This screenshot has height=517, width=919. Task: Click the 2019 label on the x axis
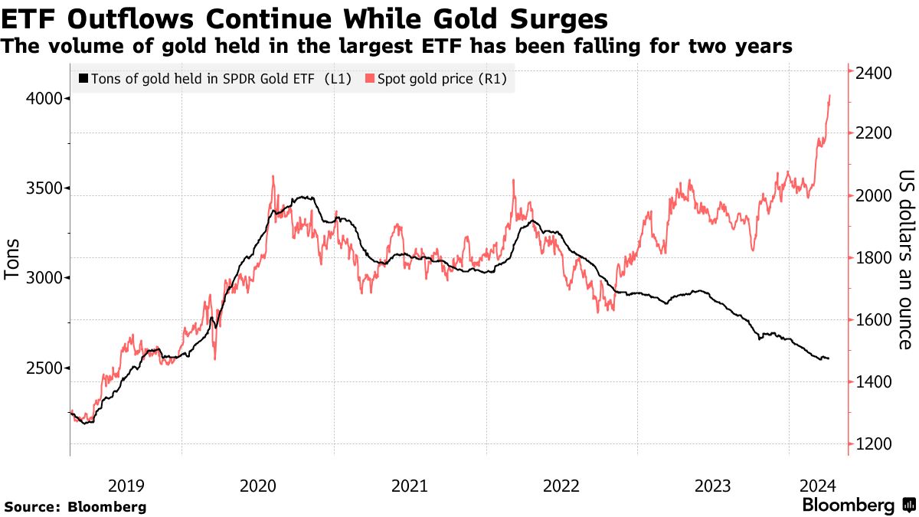coord(126,485)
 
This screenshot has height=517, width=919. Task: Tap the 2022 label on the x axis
coord(561,485)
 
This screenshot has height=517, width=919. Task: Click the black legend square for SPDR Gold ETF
coord(83,79)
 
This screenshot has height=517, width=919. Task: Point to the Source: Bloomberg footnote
coord(75,506)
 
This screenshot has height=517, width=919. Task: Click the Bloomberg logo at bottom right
coord(857,506)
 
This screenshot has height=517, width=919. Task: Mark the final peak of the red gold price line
coord(830,96)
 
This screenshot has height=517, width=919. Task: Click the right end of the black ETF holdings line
coord(829,358)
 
